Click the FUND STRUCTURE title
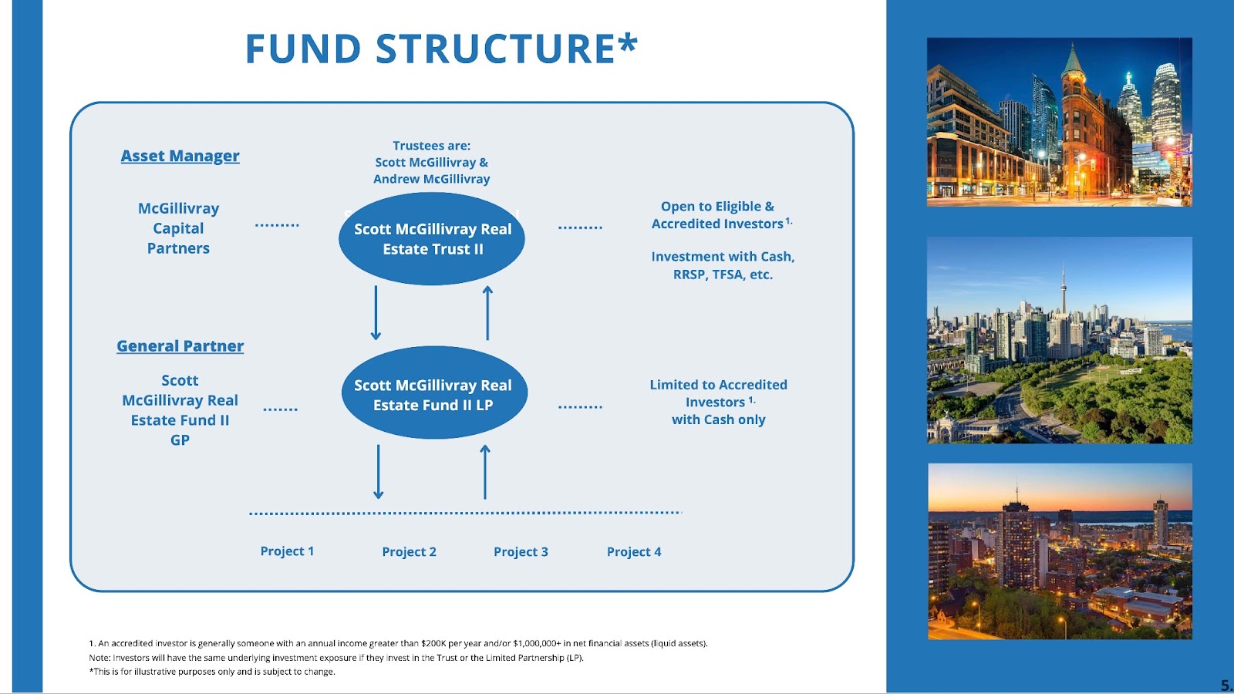[441, 49]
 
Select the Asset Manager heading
[180, 156]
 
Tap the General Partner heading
[180, 346]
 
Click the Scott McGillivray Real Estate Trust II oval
[432, 239]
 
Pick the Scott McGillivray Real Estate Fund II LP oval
[433, 394]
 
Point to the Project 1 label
[287, 551]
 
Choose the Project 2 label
[409, 552]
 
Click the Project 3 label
[521, 552]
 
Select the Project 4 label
[634, 552]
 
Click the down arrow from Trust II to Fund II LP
[376, 312]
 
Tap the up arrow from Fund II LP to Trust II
[487, 312]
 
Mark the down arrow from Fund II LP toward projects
[378, 471]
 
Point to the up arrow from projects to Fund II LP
[485, 471]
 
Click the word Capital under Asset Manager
[178, 228]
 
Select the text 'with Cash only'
[718, 419]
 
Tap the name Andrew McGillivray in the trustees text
[431, 179]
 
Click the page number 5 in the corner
[1226, 686]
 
